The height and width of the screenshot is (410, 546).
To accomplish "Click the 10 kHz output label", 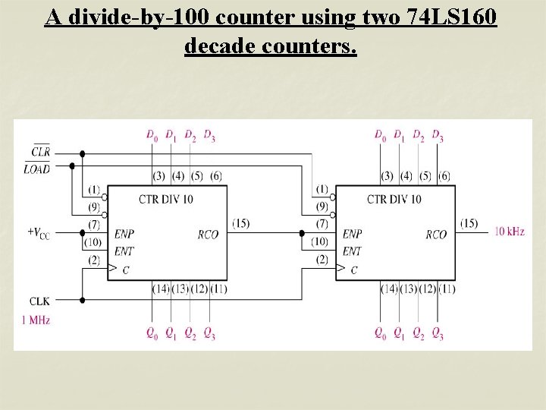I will click(510, 231).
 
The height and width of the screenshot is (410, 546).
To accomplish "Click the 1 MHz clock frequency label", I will click(36, 320).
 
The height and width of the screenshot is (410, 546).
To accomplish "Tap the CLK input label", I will click(39, 301).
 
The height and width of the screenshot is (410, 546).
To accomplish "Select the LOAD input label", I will click(37, 169).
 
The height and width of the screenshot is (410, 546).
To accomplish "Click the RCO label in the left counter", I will click(207, 235).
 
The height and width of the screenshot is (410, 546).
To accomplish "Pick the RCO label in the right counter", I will click(436, 235).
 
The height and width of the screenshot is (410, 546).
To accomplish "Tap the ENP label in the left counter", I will click(124, 235).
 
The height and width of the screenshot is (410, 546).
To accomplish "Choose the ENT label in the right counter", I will click(352, 251).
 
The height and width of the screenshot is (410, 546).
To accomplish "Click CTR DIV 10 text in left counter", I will click(165, 199).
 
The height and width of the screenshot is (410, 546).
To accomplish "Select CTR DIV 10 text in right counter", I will click(394, 199).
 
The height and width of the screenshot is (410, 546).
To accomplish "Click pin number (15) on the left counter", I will click(240, 223).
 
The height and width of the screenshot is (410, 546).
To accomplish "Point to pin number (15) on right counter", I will click(469, 223).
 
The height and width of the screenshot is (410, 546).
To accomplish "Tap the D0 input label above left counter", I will click(152, 136).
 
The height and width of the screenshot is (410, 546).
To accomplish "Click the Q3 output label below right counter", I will click(438, 333).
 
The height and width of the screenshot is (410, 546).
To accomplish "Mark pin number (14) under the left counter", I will click(160, 289).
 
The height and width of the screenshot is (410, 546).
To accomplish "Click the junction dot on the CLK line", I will click(82, 300).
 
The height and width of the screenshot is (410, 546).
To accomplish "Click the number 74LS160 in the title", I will click(453, 17).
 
